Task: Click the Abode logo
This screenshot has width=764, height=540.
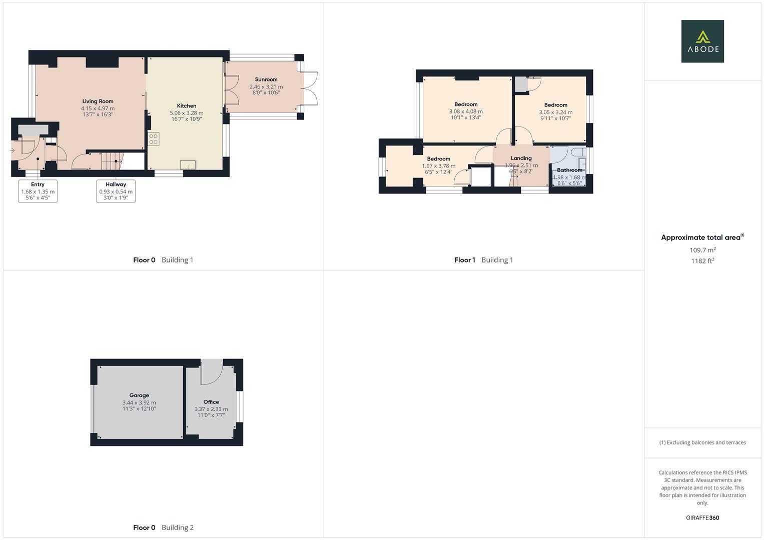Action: pos(702,41)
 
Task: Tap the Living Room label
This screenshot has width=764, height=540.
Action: pos(98,101)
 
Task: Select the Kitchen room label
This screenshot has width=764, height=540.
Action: pos(187,105)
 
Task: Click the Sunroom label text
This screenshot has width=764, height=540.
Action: pos(266,79)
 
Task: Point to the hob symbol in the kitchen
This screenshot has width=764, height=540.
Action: pos(154,139)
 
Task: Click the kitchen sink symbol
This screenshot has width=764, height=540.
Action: pos(188,164)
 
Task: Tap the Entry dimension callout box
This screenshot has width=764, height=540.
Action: pos(38,191)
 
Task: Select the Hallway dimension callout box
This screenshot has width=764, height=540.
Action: pos(116,191)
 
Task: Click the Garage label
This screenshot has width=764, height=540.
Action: pos(139,395)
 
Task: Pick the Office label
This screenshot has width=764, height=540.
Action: pos(211,402)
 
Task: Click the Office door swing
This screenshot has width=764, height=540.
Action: pos(212,372)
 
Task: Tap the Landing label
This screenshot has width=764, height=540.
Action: pos(521,158)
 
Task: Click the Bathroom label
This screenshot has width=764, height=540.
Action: pos(569,170)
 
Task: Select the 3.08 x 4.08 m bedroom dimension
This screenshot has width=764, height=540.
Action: pos(466,111)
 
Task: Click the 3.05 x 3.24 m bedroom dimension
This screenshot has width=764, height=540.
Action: pos(555,112)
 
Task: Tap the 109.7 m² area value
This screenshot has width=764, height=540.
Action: pos(702,250)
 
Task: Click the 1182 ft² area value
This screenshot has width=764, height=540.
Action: pos(702,261)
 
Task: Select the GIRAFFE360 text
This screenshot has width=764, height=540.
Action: pos(702,517)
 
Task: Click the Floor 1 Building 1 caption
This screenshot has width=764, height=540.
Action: pos(484,260)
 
